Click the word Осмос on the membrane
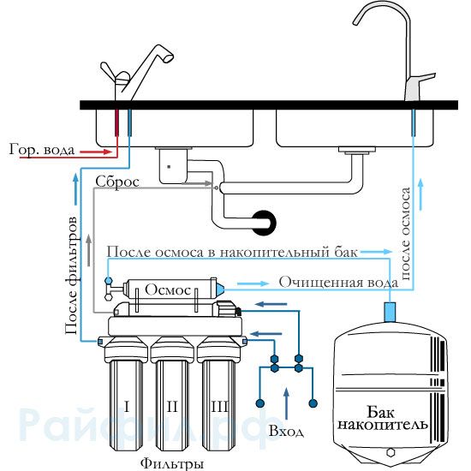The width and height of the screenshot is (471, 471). [x=168, y=289]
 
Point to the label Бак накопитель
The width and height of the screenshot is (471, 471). [x=383, y=419]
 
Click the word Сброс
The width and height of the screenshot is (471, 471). [x=117, y=182]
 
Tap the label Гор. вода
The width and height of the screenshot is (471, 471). [x=41, y=149]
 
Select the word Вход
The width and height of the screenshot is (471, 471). [x=286, y=431]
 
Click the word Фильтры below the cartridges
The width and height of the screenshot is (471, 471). [x=172, y=463]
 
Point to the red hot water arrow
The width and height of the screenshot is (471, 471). [x=96, y=152]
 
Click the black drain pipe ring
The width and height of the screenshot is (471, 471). [x=264, y=223]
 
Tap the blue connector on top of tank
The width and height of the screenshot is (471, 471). [x=391, y=312]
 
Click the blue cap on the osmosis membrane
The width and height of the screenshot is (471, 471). [x=220, y=289]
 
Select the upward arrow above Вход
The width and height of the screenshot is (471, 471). [x=287, y=403]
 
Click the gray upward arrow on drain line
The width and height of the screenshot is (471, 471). [x=88, y=250]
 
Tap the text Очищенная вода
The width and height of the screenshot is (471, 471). [x=339, y=283]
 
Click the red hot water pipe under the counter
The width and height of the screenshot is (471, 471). [x=116, y=122]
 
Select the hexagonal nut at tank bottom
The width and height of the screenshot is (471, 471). [x=391, y=452]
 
